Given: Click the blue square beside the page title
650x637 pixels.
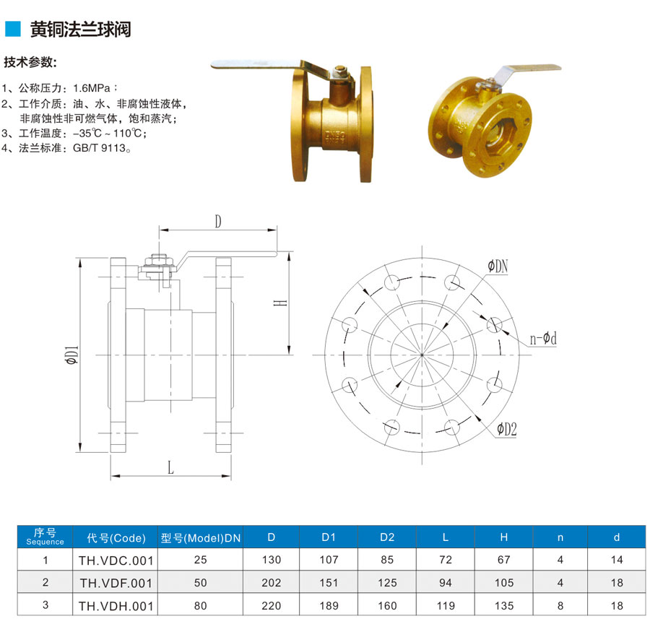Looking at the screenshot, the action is click(x=12, y=29).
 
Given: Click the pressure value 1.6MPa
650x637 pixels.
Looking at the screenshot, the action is click(x=92, y=88).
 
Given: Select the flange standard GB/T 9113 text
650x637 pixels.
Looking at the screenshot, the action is click(x=99, y=148).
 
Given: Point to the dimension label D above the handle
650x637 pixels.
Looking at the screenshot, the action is click(x=218, y=222).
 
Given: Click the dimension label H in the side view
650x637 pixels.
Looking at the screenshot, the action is click(x=281, y=303).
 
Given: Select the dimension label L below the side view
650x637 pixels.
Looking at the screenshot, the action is click(x=170, y=468).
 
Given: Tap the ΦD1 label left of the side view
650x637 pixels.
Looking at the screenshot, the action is click(x=71, y=355).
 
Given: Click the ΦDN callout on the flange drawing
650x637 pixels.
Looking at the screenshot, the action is click(x=498, y=266).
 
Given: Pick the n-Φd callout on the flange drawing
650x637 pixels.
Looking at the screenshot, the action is click(x=543, y=339).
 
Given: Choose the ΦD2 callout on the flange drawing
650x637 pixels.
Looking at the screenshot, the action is click(x=507, y=430).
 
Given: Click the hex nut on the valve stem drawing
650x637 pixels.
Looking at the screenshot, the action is click(x=158, y=261).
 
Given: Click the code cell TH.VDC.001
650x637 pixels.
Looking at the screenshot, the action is click(x=116, y=560).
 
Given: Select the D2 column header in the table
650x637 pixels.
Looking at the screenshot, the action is click(x=387, y=537).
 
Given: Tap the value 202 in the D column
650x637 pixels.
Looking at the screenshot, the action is click(x=271, y=583).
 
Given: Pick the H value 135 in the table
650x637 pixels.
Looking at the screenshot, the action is click(x=503, y=606).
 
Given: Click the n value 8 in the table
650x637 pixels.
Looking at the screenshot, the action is click(x=560, y=606).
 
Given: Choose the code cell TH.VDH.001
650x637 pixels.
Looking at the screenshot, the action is click(x=116, y=607).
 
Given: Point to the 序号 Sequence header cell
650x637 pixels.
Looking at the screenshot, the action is click(x=45, y=537).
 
